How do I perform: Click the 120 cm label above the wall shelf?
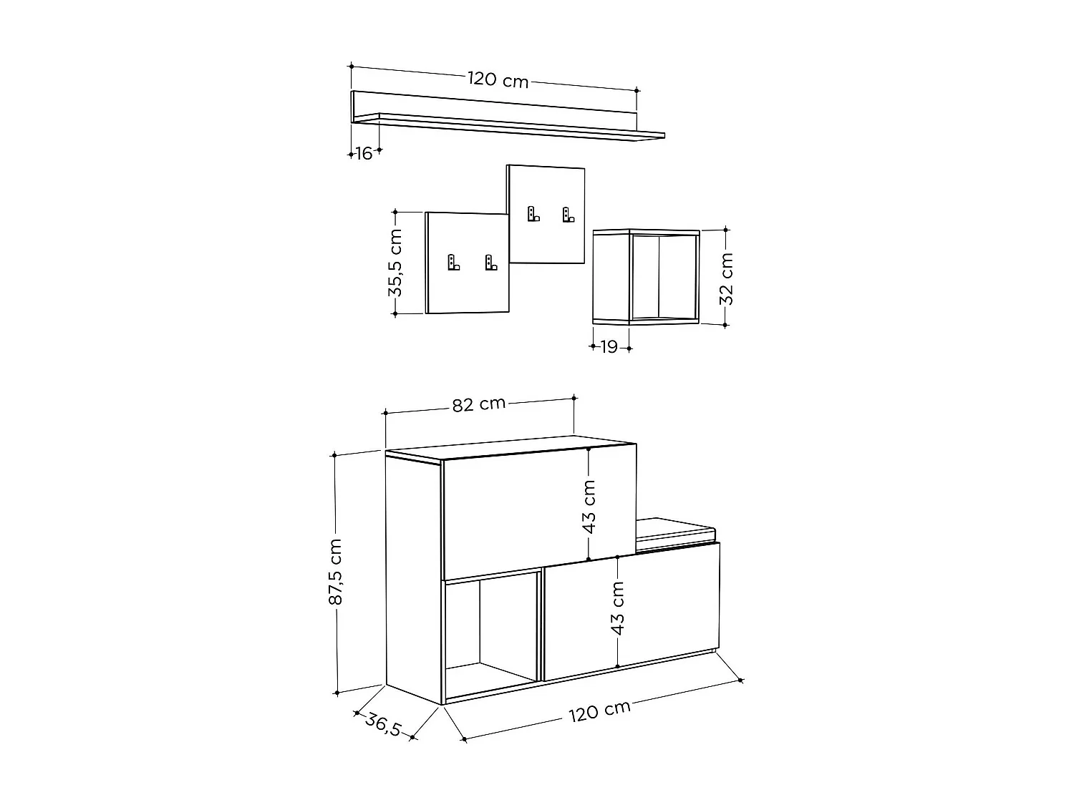[x=498, y=79]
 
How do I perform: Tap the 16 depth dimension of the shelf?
[x=364, y=153]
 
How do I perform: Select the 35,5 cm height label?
[x=395, y=263]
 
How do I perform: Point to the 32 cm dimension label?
[x=726, y=278]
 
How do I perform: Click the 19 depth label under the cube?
[x=609, y=348]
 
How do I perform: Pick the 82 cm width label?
[x=479, y=404]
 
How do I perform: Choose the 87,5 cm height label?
[x=335, y=572]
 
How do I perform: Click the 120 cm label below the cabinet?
[x=600, y=711]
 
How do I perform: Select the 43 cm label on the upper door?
[x=589, y=507]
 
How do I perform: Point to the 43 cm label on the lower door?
[x=618, y=608]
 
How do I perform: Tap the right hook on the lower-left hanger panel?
[x=490, y=263]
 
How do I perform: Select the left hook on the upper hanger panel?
[x=533, y=214]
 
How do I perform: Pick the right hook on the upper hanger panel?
[x=568, y=214]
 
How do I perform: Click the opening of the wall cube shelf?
[x=663, y=277]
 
